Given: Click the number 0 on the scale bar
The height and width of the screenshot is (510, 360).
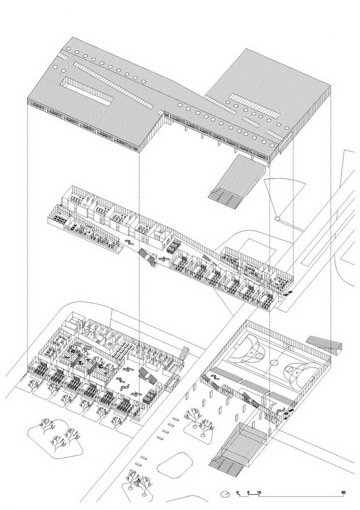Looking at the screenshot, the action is [x=237, y=492].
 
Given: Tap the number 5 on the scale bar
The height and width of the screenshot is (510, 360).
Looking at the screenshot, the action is [x=248, y=492].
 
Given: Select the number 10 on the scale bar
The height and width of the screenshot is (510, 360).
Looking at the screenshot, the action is [x=258, y=492].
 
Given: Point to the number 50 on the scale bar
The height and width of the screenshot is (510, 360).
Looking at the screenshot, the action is [x=343, y=492].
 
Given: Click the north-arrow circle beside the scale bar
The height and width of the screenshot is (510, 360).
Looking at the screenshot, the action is [x=225, y=494].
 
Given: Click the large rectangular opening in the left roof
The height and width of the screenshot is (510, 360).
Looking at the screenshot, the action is [x=88, y=93].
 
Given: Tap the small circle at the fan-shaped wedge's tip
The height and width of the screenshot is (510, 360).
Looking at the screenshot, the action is [x=278, y=218].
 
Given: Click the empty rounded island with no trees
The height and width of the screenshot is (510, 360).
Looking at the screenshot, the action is [x=175, y=463].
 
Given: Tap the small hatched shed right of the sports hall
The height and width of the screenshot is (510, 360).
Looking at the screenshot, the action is [x=323, y=343].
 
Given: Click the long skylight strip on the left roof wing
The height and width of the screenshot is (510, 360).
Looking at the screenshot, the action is [x=113, y=85].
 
